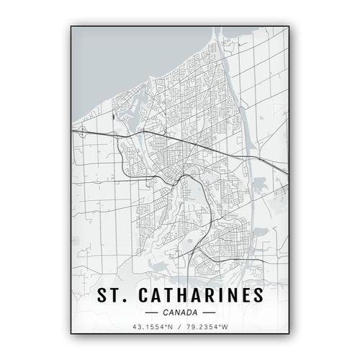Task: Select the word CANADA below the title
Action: pos(179,313)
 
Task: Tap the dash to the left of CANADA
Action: pos(152,313)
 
